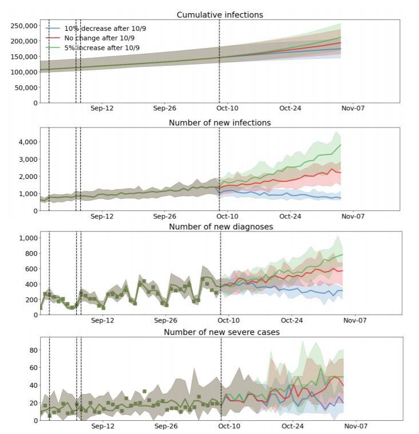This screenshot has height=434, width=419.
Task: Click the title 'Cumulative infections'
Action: pos(220,15)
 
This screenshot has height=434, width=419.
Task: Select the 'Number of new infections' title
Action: pos(220,122)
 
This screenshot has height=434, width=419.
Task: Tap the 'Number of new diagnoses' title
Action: pos(220,226)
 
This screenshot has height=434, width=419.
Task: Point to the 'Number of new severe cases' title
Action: pos(220,332)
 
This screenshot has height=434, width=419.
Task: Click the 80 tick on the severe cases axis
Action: pos(33,350)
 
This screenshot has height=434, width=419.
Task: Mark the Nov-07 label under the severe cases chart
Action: pos(354,426)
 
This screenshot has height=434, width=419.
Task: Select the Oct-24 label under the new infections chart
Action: pos(291,217)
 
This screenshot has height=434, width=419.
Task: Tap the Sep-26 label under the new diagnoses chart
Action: pos(165,321)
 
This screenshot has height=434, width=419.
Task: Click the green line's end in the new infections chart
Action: pos(341,145)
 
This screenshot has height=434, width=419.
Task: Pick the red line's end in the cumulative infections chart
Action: pos(341,43)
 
